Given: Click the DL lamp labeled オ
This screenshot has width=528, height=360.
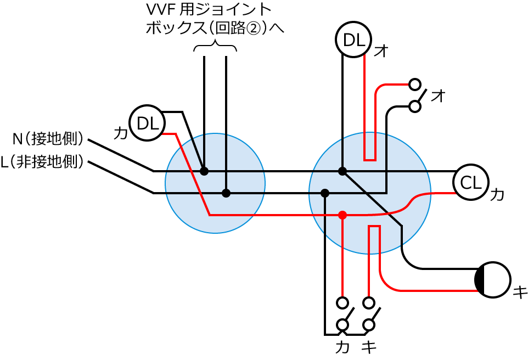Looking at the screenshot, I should point(353,39).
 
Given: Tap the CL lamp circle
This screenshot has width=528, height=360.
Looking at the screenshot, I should point(470,182).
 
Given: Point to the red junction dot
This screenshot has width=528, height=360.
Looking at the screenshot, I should point(342,215).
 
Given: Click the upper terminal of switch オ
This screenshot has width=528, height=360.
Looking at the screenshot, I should point(415,85).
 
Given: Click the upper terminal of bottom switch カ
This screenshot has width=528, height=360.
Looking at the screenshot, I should point(342,302).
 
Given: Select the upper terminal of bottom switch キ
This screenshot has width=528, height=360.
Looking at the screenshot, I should point(369,302).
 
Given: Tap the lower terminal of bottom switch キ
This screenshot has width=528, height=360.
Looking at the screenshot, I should point(369,325).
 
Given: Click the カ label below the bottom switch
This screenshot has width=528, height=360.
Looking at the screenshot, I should point(342,347).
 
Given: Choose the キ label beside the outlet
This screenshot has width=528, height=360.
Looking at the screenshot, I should point(519,292).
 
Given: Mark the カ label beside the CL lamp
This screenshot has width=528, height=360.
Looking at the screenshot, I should point(496,194).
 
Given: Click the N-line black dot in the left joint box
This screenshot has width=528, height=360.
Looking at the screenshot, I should point(204,171).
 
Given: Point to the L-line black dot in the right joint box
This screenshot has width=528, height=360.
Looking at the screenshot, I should point(325,193).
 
